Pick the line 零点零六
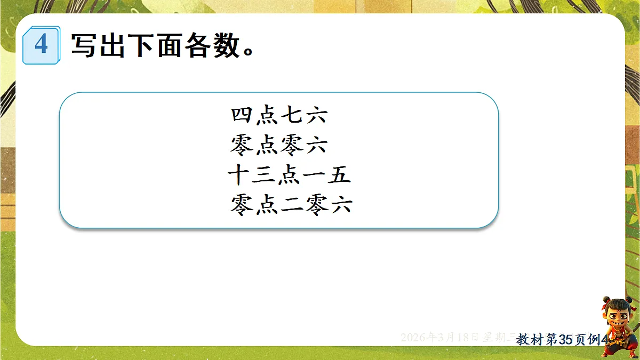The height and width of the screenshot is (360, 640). click(x=279, y=145)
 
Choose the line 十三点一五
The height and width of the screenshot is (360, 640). click(x=289, y=175)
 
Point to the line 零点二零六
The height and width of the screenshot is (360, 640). click(x=291, y=205)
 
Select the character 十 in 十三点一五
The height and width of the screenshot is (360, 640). click(x=238, y=175)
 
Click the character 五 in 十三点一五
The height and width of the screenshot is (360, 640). click(x=339, y=175)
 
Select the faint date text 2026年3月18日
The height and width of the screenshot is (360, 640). click(x=440, y=338)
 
